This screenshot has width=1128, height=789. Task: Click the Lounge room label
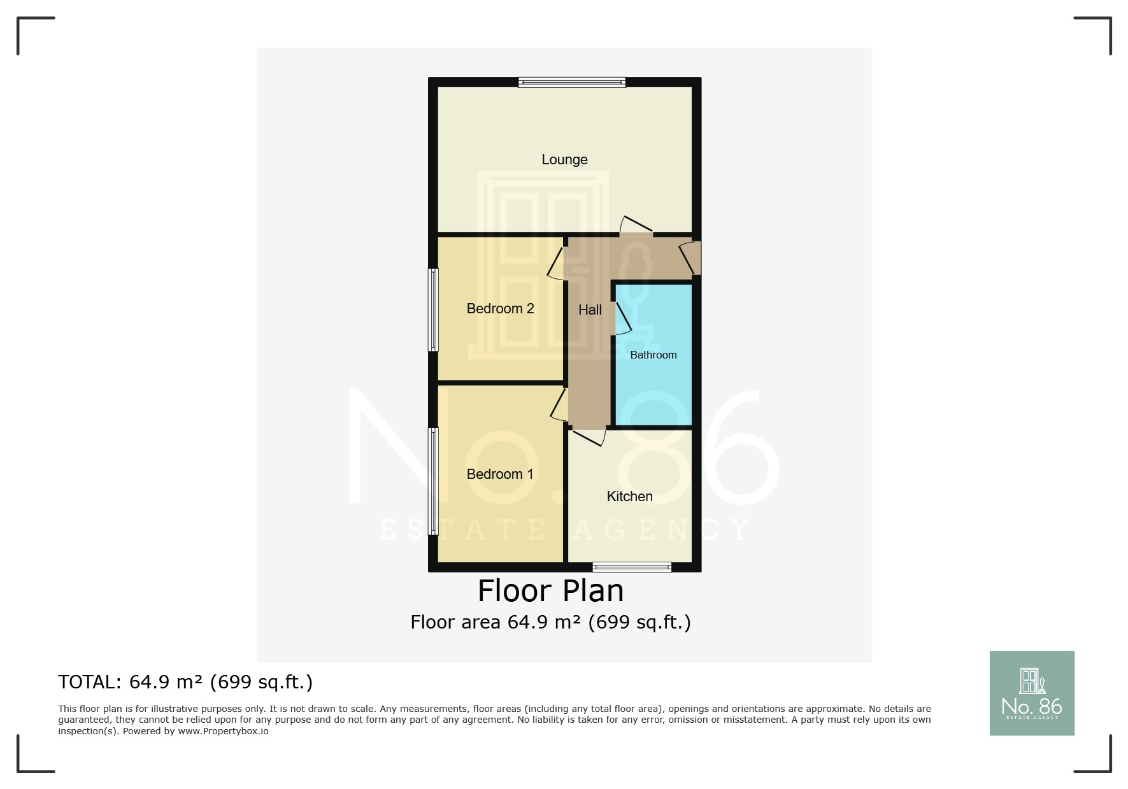[564, 159]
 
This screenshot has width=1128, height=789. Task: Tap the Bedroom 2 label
[500, 309]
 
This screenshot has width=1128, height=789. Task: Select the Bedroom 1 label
[499, 474]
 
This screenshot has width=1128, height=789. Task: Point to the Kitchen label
[629, 497]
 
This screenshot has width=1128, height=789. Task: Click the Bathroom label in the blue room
[653, 355]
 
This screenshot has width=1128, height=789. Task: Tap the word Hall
[590, 310]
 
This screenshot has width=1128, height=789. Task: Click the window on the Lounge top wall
[571, 82]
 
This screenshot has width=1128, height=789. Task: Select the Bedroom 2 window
[433, 309]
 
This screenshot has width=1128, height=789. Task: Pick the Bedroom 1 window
[433, 481]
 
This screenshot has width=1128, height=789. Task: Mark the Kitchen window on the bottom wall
[632, 567]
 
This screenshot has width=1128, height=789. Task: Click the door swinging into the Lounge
[636, 227]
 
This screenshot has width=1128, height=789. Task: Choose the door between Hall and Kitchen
[589, 436]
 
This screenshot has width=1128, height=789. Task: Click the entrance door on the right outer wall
[689, 258]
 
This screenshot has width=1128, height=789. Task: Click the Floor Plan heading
[550, 591]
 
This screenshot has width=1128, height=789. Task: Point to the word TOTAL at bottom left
[88, 682]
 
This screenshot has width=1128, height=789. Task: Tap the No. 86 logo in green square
[1031, 693]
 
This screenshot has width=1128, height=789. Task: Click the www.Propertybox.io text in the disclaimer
[223, 731]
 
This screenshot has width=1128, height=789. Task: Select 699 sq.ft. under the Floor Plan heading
[639, 622]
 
